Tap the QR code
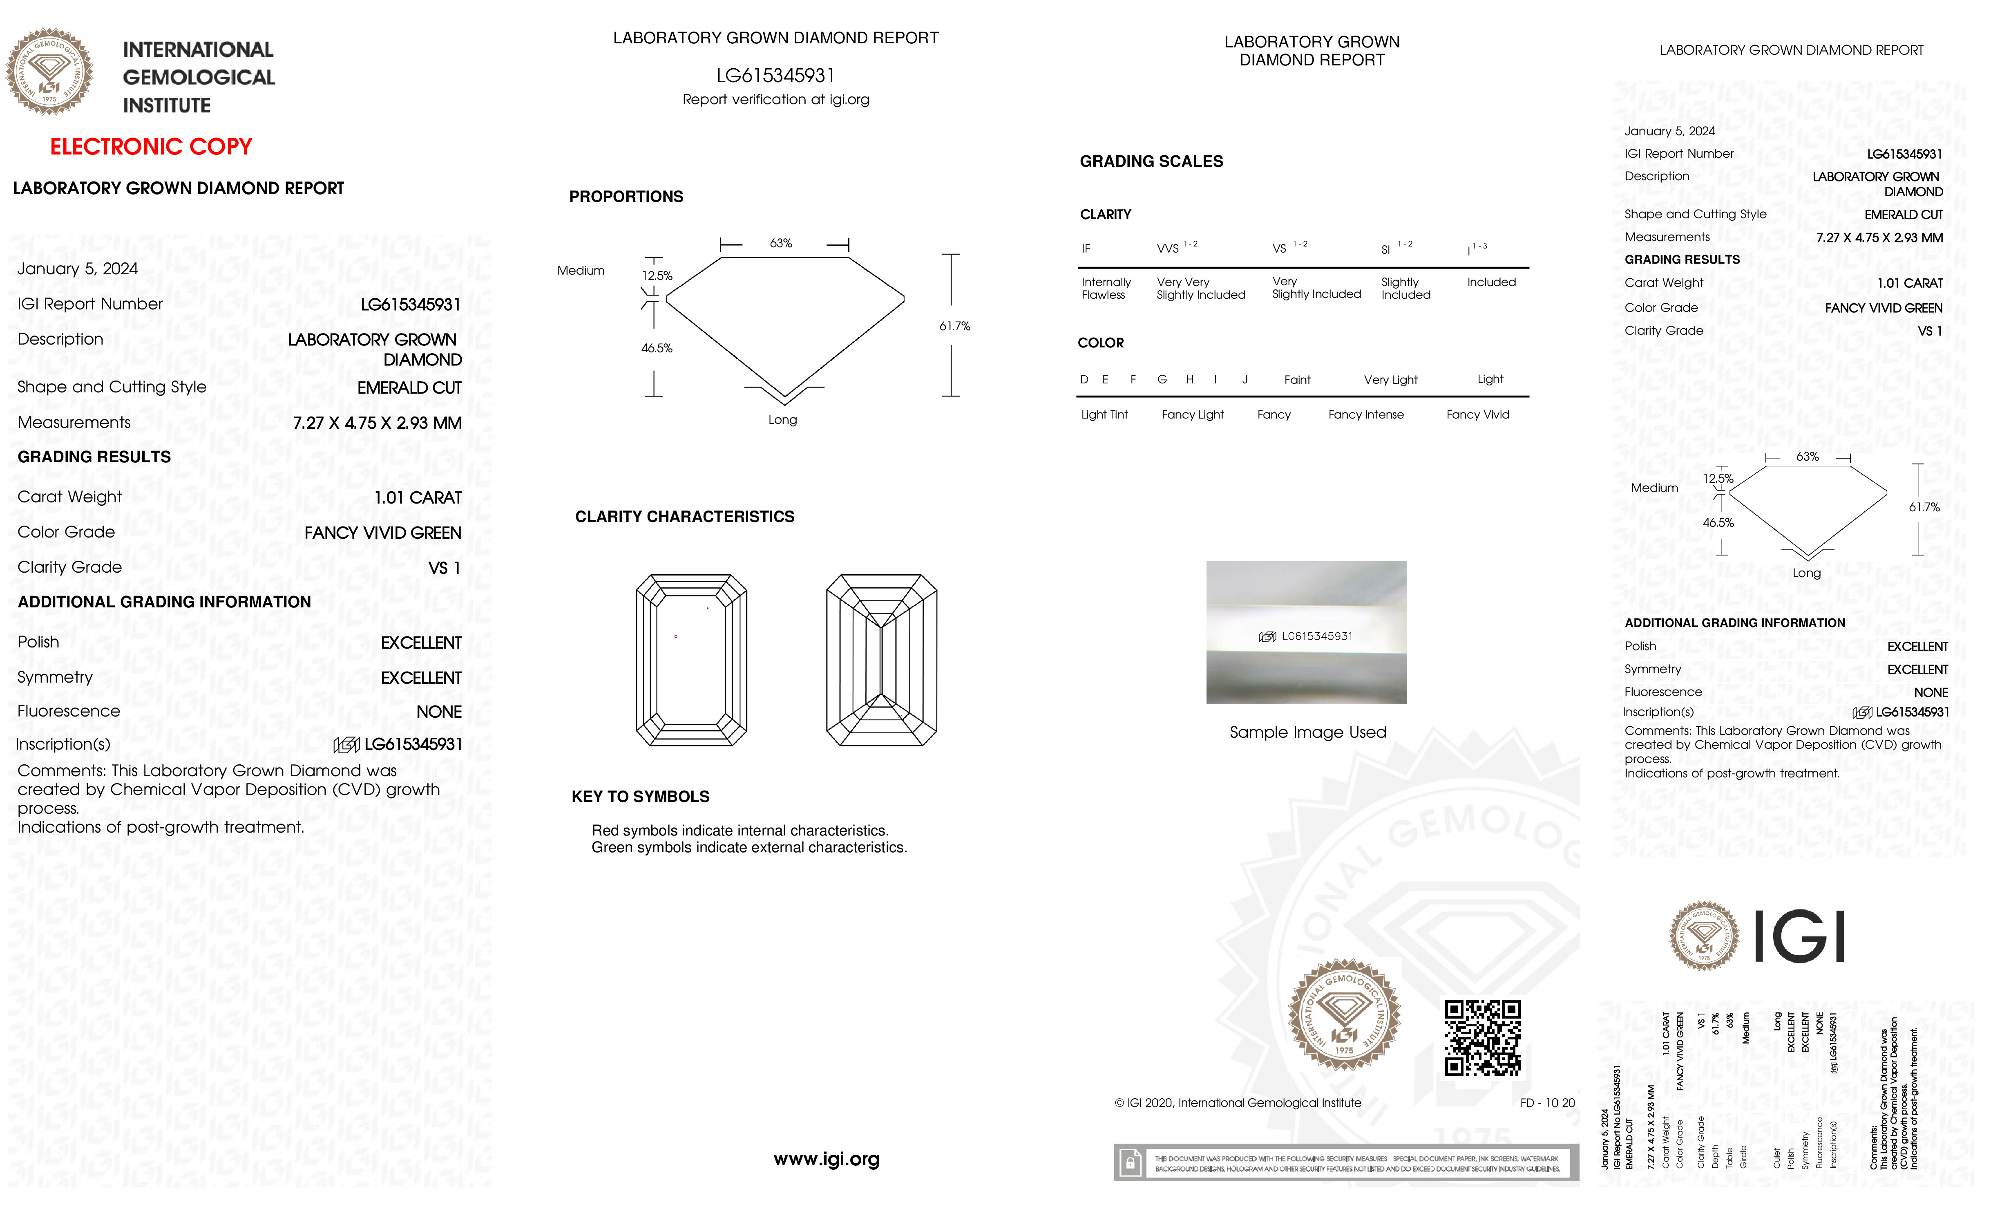(1482, 1038)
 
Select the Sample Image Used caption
(1307, 732)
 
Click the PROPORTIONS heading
(626, 197)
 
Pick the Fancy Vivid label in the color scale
(1477, 414)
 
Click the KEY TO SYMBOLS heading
(640, 797)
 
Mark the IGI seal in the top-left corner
(49, 72)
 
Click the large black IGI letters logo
(1799, 936)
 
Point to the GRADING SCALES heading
(1151, 162)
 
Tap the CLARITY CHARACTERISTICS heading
(684, 517)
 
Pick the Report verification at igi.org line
(775, 100)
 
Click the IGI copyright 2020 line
(1238, 1103)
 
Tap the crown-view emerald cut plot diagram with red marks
(690, 660)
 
